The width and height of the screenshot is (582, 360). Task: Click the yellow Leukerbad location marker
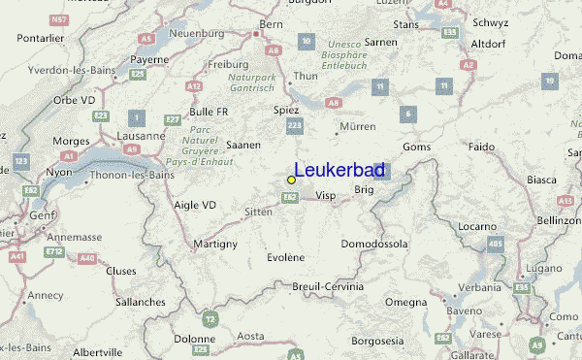(291, 180)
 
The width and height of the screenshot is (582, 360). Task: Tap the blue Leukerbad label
(339, 171)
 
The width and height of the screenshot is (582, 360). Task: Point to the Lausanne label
(141, 136)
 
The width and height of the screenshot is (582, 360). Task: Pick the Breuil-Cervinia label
(328, 286)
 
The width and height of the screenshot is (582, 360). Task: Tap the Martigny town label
(214, 243)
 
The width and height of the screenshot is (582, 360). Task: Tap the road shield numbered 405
(496, 244)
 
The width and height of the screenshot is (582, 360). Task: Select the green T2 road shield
(210, 317)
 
